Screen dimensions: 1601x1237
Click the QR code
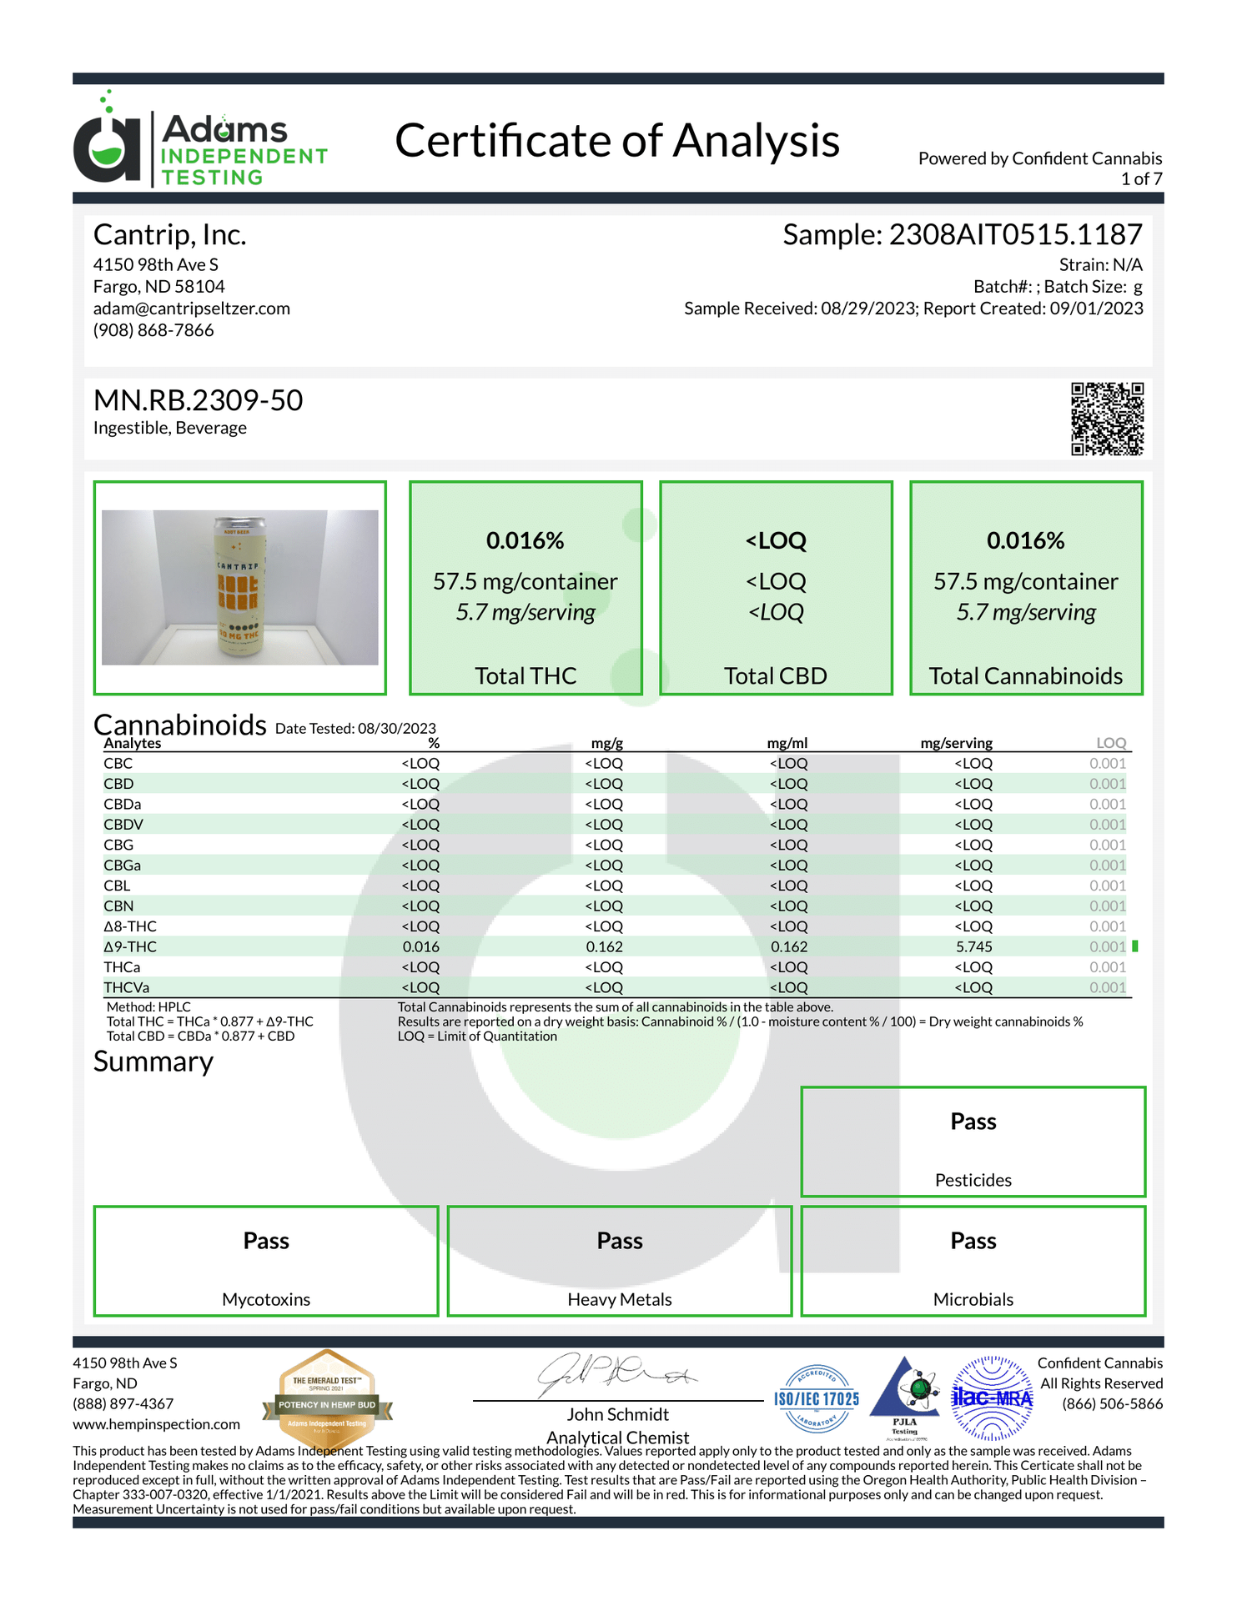(1107, 419)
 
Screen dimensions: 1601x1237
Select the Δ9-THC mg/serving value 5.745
(973, 947)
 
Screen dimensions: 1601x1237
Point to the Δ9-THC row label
(130, 947)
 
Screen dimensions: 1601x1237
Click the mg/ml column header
(787, 743)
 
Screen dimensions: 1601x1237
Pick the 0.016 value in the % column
(420, 947)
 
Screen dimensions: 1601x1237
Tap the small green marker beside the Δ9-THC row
(1135, 946)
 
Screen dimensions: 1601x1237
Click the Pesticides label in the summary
(973, 1180)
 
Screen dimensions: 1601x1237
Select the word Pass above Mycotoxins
(266, 1241)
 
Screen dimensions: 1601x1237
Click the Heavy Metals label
(619, 1299)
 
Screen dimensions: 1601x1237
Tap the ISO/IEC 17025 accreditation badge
(817, 1398)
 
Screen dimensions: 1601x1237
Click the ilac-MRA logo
(992, 1398)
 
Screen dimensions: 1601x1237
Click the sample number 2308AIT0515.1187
(1015, 235)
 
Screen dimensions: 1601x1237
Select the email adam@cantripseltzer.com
(192, 309)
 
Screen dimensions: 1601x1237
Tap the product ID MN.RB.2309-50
(199, 401)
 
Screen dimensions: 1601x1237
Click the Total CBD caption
(775, 676)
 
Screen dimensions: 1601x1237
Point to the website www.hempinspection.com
(156, 1424)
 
